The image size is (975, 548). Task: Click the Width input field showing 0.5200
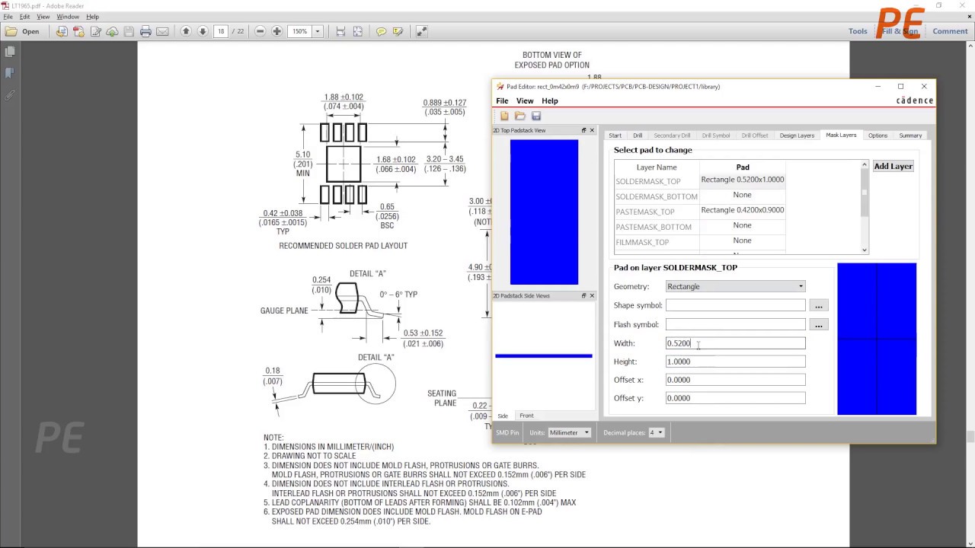tap(734, 343)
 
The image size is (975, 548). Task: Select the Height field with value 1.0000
tap(734, 362)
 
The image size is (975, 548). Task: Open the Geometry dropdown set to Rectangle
tap(734, 286)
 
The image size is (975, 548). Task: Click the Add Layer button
tap(893, 166)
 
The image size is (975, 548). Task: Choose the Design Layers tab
tap(797, 135)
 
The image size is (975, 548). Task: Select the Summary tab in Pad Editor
tap(910, 135)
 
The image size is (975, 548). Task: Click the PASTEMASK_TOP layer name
tap(645, 212)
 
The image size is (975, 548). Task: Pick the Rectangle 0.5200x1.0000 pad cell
tap(742, 180)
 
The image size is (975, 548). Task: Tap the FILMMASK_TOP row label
tap(642, 242)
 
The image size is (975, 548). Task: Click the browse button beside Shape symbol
tap(818, 305)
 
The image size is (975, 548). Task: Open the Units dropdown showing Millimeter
tap(569, 432)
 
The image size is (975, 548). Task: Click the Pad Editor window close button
tap(924, 86)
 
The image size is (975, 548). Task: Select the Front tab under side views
tap(526, 416)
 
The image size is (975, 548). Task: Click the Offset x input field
tap(734, 380)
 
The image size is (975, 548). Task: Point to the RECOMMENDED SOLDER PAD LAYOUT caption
tap(343, 246)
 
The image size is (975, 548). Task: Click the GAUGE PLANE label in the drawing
tap(284, 311)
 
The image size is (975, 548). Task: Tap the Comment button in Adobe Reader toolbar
tap(950, 31)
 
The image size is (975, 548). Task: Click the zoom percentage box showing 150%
tap(300, 31)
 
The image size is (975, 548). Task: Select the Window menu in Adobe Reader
tap(68, 17)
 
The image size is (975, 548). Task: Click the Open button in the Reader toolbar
tap(23, 31)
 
